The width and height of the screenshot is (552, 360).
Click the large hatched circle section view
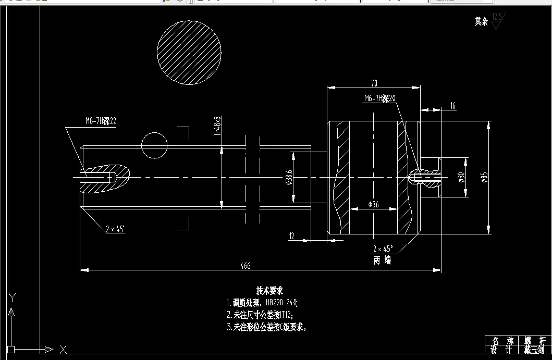click(x=189, y=53)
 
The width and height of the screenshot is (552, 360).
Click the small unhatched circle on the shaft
click(x=154, y=145)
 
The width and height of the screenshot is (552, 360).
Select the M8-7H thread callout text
click(x=101, y=121)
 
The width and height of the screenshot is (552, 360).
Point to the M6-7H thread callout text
click(x=380, y=98)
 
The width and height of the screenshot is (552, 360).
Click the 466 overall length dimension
click(x=246, y=266)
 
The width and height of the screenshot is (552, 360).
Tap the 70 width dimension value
click(x=374, y=83)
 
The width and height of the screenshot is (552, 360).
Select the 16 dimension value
click(x=452, y=106)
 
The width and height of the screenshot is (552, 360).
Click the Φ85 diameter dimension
click(x=484, y=178)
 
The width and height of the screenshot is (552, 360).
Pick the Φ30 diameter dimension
click(x=461, y=178)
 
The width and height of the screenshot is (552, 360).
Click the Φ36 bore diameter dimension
click(x=373, y=205)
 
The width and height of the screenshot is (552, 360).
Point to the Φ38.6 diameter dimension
click(x=289, y=178)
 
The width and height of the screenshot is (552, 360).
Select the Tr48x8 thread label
click(x=218, y=126)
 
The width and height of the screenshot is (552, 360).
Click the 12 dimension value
click(x=292, y=237)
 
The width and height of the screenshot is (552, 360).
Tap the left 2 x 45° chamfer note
click(x=115, y=229)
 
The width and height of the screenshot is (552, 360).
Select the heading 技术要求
click(x=269, y=290)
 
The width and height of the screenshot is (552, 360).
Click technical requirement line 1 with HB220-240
click(x=262, y=302)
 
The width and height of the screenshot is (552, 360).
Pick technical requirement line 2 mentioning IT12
click(x=259, y=315)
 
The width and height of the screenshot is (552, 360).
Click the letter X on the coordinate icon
click(x=63, y=349)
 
